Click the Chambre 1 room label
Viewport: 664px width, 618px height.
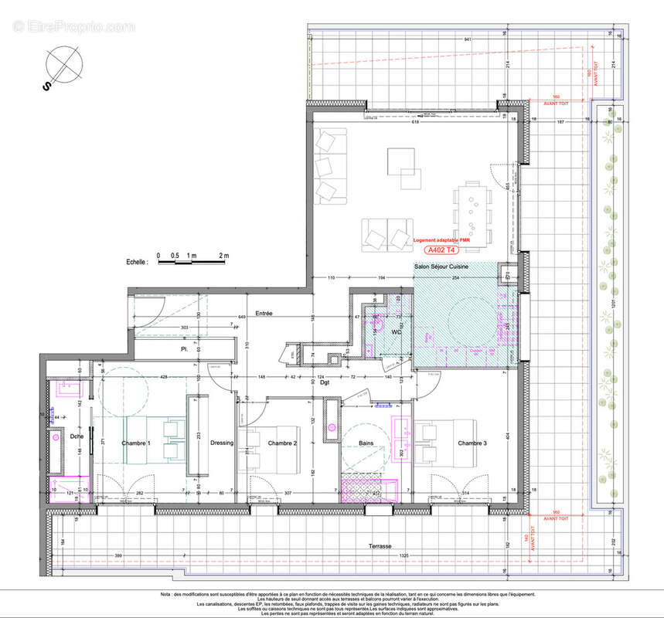136,443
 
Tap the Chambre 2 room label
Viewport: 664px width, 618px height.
283,443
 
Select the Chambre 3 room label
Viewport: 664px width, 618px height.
472,443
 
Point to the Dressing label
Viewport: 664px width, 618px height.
222,443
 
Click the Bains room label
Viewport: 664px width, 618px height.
366,443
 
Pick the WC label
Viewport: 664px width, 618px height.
396,331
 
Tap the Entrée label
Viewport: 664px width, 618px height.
264,314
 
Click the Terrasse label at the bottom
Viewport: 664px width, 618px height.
380,545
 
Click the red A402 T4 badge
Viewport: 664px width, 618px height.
441,250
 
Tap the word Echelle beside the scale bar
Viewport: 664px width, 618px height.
137,263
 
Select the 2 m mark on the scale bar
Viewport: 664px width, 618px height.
223,254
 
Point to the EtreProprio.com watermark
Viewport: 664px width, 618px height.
73,27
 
